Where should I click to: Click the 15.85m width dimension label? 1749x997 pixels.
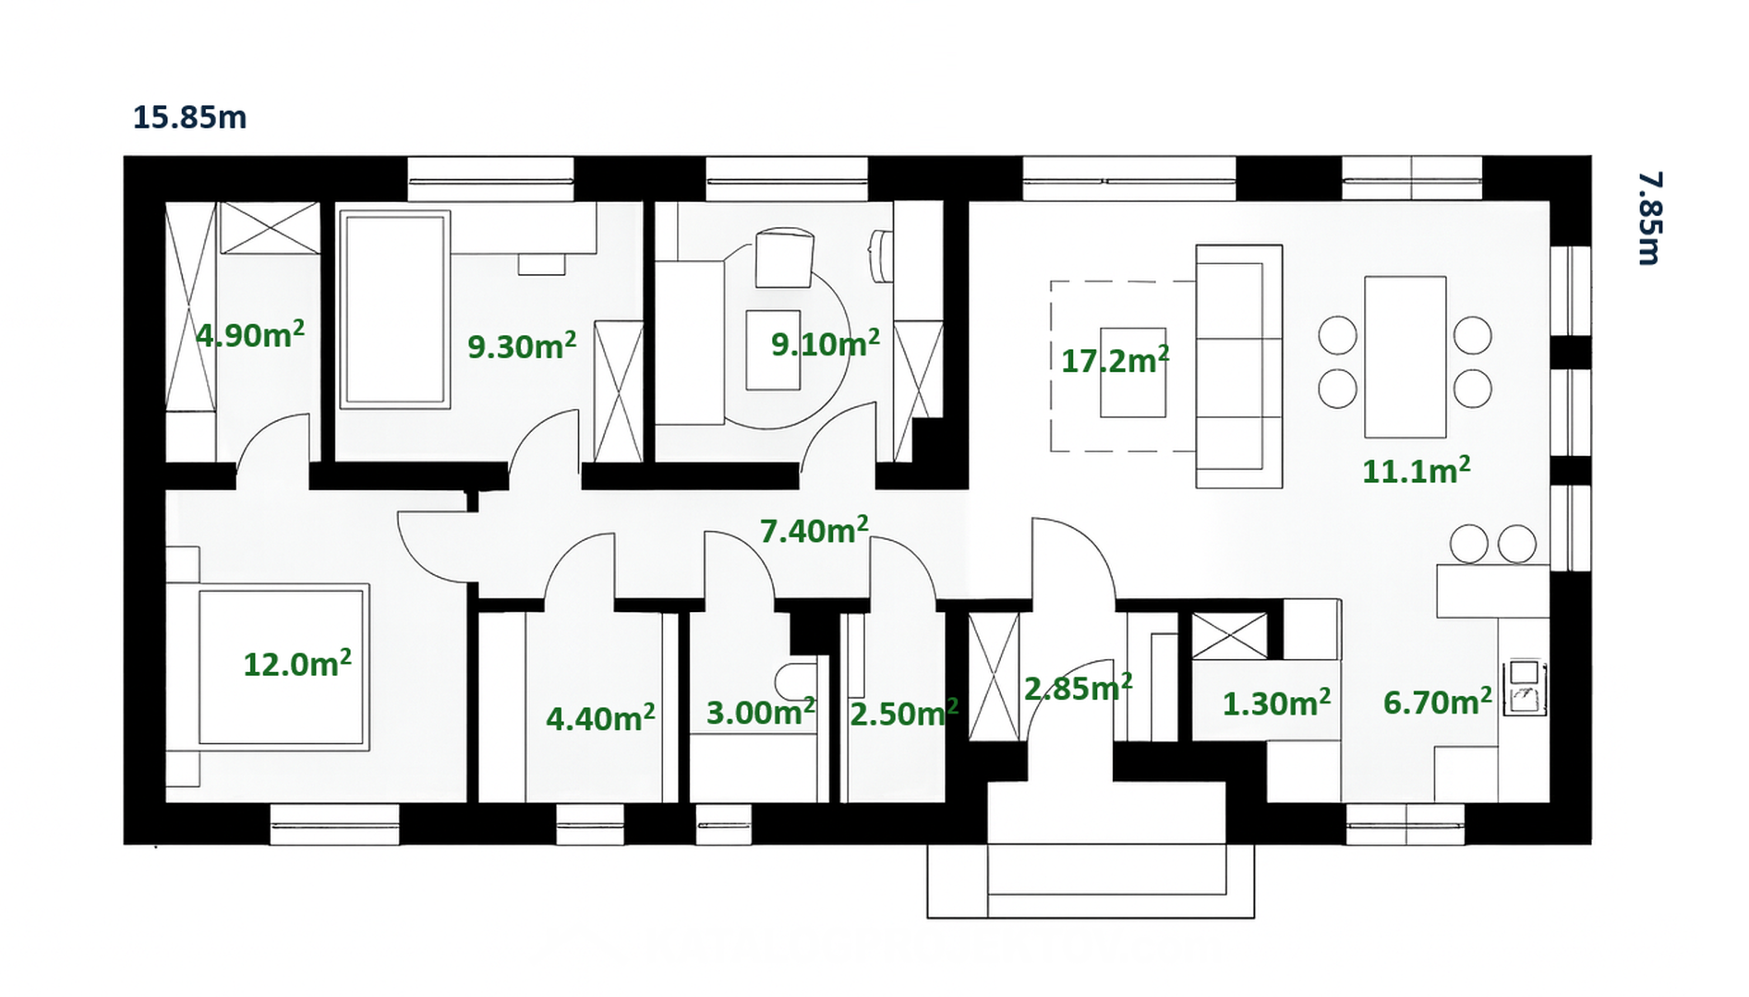pos(189,117)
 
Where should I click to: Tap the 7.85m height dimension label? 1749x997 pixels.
pos(1649,218)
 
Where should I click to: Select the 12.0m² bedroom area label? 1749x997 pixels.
pos(297,663)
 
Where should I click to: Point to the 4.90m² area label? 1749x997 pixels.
pos(250,333)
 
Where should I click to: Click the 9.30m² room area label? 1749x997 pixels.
pos(522,345)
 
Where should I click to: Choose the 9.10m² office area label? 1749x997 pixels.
pos(826,343)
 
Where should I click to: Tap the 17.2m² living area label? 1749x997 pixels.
pos(1115,359)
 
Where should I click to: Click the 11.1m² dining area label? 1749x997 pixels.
pos(1417,470)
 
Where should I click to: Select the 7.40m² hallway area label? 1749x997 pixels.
pos(814,530)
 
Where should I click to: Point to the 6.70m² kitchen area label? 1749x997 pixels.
pos(1437,702)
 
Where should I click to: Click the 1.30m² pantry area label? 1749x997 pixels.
pos(1276,703)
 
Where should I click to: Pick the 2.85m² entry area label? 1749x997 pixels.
pos(1078,688)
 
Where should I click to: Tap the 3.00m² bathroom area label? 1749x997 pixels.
pos(761,712)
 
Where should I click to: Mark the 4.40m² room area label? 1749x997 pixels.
pos(600,717)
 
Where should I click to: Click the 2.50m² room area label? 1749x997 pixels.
pos(904,713)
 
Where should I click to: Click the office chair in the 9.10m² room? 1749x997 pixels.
pos(784,258)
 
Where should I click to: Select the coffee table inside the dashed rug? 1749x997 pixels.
pos(1132,373)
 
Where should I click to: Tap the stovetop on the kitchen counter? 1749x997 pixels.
pos(1525,688)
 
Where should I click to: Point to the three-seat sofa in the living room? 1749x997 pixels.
pos(1238,366)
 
